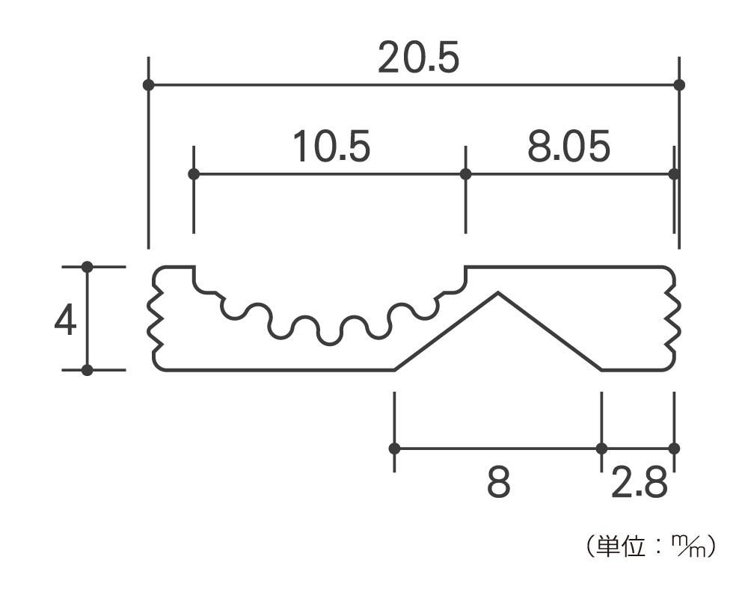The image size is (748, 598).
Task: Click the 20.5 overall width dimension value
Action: pyautogui.click(x=417, y=58)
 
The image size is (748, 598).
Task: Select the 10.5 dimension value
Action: pyautogui.click(x=331, y=147)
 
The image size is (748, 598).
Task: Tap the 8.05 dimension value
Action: pyautogui.click(x=568, y=147)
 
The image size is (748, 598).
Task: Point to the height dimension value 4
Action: pyautogui.click(x=66, y=322)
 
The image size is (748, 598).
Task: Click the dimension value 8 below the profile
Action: pyautogui.click(x=499, y=484)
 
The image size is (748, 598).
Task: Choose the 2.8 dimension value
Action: pyautogui.click(x=638, y=484)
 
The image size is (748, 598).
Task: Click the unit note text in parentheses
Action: pyautogui.click(x=650, y=546)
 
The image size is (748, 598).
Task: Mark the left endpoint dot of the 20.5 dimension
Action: pyautogui.click(x=148, y=84)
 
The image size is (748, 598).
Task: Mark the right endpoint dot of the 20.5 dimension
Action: pyautogui.click(x=679, y=84)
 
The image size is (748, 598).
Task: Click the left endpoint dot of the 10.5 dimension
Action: pyautogui.click(x=194, y=174)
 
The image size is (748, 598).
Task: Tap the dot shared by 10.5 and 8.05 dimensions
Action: pyautogui.click(x=465, y=174)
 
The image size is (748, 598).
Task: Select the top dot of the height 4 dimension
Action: pyautogui.click(x=88, y=266)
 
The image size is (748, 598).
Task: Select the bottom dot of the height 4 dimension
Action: pyautogui.click(x=88, y=369)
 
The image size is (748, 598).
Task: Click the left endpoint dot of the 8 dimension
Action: pyautogui.click(x=394, y=449)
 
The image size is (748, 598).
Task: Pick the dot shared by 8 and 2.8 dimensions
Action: pyautogui.click(x=601, y=449)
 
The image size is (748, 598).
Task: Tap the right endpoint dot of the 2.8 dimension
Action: pyautogui.click(x=674, y=449)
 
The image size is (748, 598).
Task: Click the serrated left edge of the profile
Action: pyautogui.click(x=157, y=318)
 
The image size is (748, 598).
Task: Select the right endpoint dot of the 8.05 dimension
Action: pyautogui.click(x=674, y=174)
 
